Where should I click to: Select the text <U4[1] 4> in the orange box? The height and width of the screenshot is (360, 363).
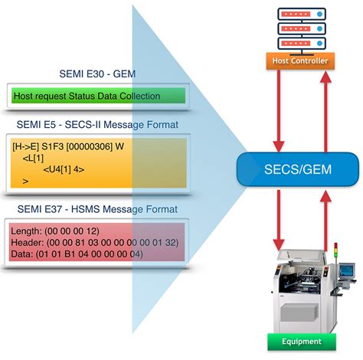click(64, 169)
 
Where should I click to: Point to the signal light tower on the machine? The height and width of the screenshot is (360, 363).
click(335, 254)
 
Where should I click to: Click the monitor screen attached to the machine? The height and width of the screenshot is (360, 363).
click(348, 270)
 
